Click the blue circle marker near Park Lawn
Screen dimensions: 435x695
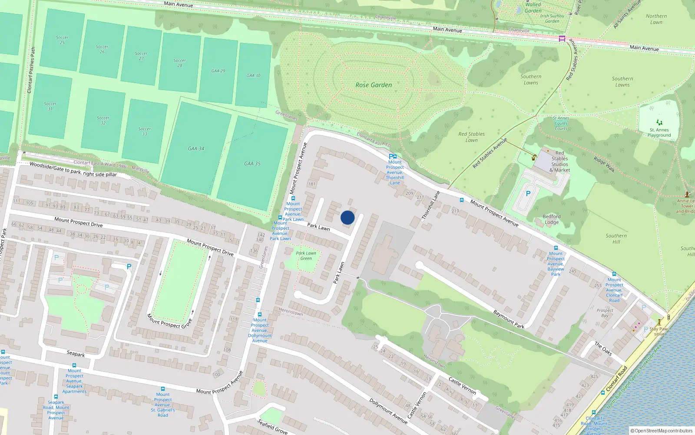(347, 217)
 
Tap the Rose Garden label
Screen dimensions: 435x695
(374, 85)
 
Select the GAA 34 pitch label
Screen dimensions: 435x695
(196, 149)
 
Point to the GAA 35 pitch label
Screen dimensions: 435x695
(252, 164)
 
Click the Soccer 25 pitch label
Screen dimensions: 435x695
(62, 40)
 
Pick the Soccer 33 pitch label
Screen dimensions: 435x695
(145, 131)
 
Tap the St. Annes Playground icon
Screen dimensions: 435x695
(659, 123)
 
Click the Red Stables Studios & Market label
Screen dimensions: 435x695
(560, 161)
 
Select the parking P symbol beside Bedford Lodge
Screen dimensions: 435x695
(528, 194)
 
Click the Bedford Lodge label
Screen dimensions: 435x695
(552, 219)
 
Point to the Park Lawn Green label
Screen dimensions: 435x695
(306, 256)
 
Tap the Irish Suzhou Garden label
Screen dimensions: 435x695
(552, 18)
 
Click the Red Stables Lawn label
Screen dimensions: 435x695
(472, 137)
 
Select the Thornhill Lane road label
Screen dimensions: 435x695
(431, 206)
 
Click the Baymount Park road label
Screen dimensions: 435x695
(509, 319)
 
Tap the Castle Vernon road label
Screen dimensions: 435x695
(462, 386)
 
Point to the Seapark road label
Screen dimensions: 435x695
(76, 354)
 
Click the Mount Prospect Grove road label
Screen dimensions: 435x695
(169, 321)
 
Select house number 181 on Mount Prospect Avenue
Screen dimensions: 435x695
(312, 184)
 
